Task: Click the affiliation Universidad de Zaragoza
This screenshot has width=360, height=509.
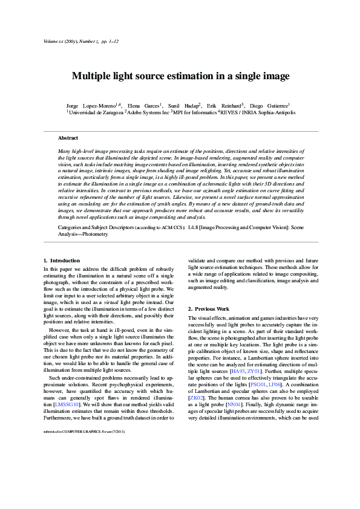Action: point(97,112)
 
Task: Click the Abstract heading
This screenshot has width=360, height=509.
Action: point(68,138)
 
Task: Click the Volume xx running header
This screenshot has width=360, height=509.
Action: point(54,41)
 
